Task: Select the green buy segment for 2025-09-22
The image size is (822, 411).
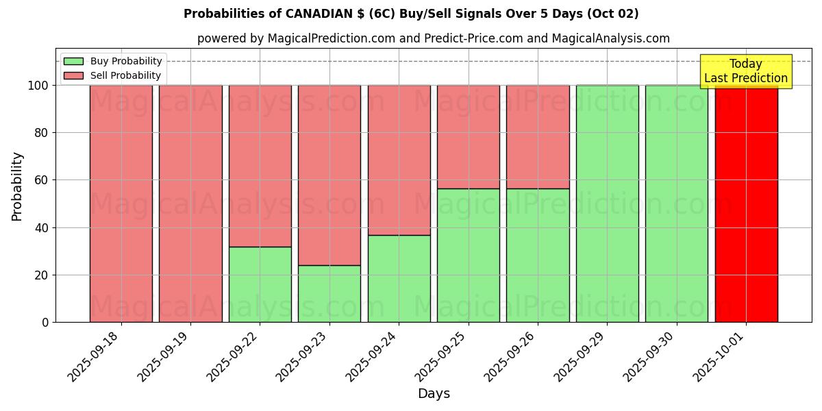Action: (x=260, y=284)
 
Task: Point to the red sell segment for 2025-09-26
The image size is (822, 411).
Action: (x=538, y=136)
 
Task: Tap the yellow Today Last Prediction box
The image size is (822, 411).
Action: (x=745, y=71)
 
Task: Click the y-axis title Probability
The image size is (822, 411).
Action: (x=17, y=186)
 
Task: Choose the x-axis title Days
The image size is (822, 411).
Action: (x=434, y=394)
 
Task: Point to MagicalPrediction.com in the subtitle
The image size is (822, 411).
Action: (x=330, y=38)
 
